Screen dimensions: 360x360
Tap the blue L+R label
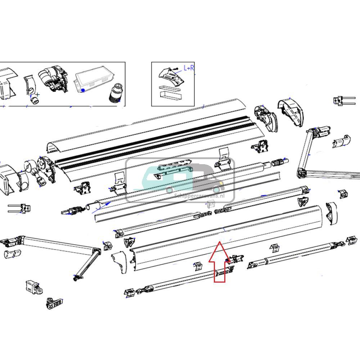tap(189, 68)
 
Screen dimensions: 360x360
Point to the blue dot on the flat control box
tap(83, 90)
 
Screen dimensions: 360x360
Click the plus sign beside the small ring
tap(38, 95)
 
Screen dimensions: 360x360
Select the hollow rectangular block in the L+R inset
tap(171, 96)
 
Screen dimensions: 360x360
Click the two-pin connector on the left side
tap(20, 208)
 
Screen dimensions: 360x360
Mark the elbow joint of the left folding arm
tap(96, 252)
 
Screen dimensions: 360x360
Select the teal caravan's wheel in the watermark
tap(169, 190)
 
